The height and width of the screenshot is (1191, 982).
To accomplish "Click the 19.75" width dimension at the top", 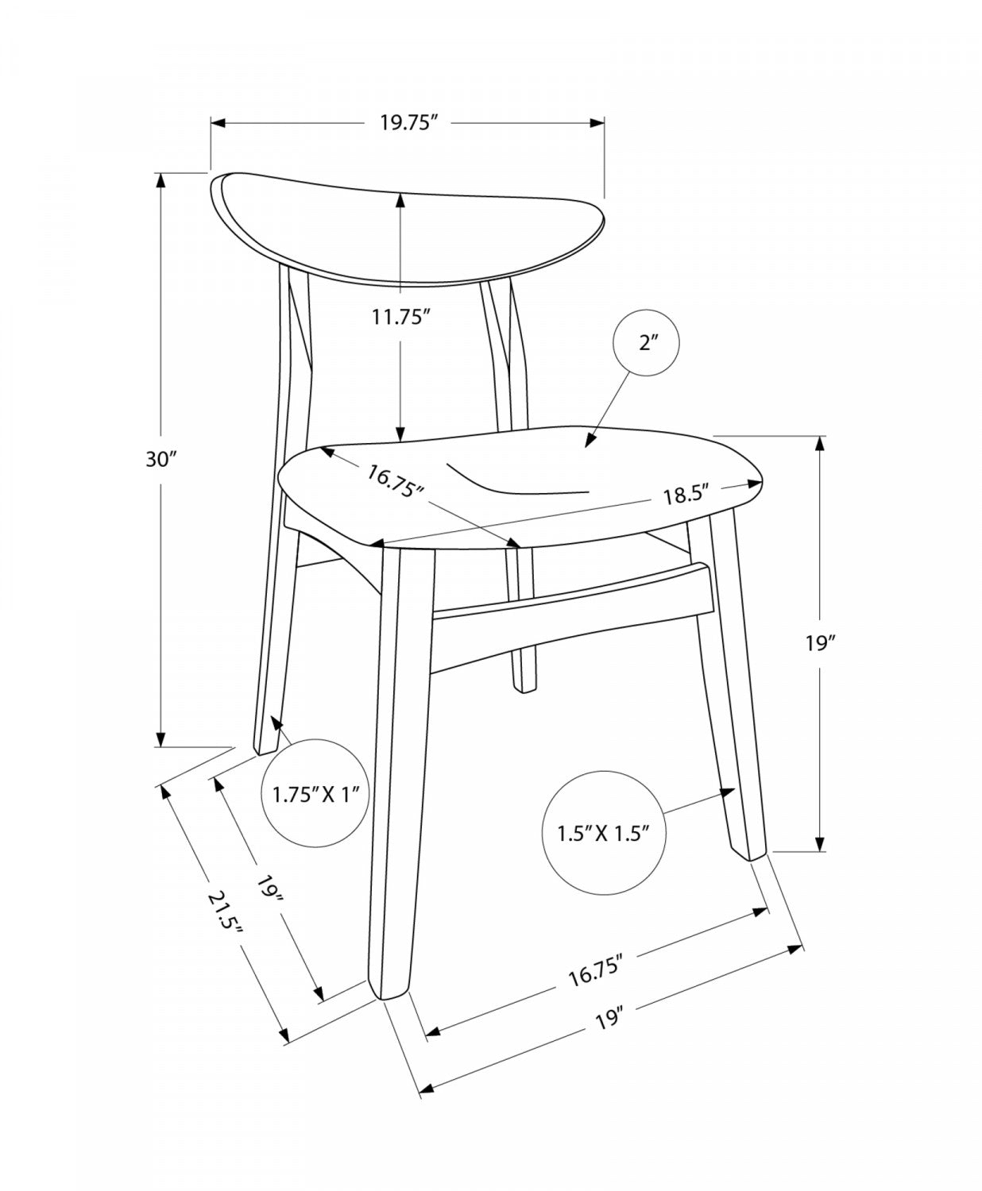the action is pyautogui.click(x=409, y=122).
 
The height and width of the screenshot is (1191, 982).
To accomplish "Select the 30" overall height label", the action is pyautogui.click(x=163, y=459).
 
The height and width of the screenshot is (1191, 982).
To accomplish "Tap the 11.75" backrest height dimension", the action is pyautogui.click(x=400, y=317).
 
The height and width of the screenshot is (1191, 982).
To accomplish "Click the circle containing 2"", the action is pyautogui.click(x=646, y=343).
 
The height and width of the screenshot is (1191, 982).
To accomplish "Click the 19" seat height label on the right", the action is pyautogui.click(x=820, y=644).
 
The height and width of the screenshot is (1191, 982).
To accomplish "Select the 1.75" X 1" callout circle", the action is pyautogui.click(x=315, y=793).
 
